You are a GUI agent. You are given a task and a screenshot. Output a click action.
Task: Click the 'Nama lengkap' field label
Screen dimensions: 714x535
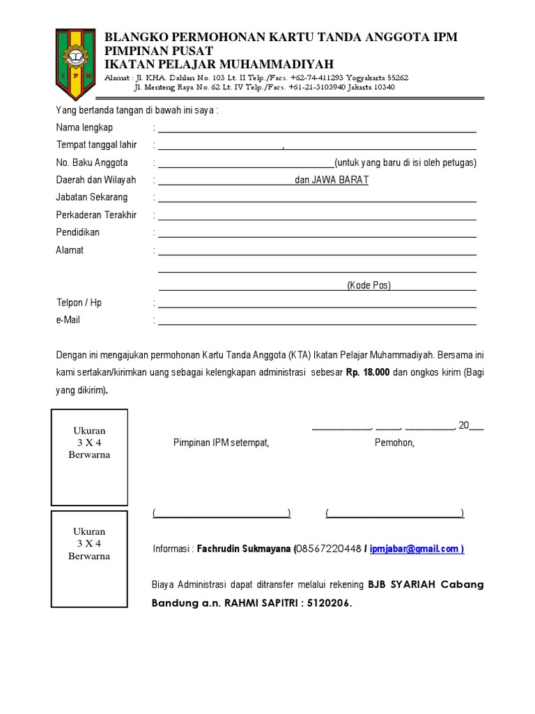click(84, 128)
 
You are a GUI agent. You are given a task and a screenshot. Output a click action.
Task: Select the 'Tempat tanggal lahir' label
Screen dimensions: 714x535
click(96, 145)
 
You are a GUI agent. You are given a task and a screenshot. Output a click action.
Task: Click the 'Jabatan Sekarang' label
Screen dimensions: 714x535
click(92, 197)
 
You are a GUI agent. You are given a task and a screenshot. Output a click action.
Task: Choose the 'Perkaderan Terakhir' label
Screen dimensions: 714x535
click(96, 215)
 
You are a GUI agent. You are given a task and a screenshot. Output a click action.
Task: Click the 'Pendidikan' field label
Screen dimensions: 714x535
click(77, 232)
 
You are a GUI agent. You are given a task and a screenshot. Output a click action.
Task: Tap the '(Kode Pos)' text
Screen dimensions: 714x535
click(369, 285)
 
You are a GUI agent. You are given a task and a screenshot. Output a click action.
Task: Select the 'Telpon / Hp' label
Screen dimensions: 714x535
click(79, 303)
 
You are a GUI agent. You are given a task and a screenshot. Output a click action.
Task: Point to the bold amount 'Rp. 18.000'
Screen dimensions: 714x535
click(368, 373)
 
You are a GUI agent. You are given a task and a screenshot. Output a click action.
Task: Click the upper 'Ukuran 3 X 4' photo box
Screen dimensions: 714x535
click(89, 457)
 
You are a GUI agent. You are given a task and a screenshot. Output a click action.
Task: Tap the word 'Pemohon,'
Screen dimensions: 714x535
click(394, 443)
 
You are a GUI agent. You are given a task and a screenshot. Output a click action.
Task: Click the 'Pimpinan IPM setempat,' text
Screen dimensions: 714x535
click(221, 443)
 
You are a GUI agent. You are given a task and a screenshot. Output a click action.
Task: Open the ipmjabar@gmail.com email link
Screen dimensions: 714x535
click(416, 549)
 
